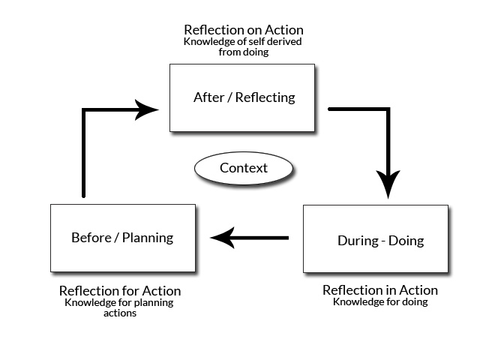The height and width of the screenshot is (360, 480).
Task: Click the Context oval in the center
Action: tap(244, 168)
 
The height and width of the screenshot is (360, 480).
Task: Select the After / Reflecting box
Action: tap(241, 97)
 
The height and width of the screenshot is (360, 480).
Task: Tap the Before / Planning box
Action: tap(122, 238)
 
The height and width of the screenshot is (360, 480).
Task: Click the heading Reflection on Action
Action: tap(244, 30)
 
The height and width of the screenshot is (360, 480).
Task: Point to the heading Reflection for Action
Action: tap(120, 291)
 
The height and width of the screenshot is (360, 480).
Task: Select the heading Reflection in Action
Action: tap(380, 290)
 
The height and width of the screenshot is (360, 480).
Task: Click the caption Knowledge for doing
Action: tap(380, 302)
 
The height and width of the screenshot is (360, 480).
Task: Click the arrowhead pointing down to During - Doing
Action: tap(388, 186)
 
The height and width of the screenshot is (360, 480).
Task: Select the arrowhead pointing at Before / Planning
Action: tap(223, 239)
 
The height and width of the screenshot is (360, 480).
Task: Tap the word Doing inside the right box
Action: tap(406, 241)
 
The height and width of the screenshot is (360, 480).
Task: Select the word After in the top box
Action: tap(206, 97)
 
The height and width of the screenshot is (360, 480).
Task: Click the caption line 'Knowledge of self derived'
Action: tap(244, 42)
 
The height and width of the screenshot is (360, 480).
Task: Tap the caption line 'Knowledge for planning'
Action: tap(120, 303)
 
